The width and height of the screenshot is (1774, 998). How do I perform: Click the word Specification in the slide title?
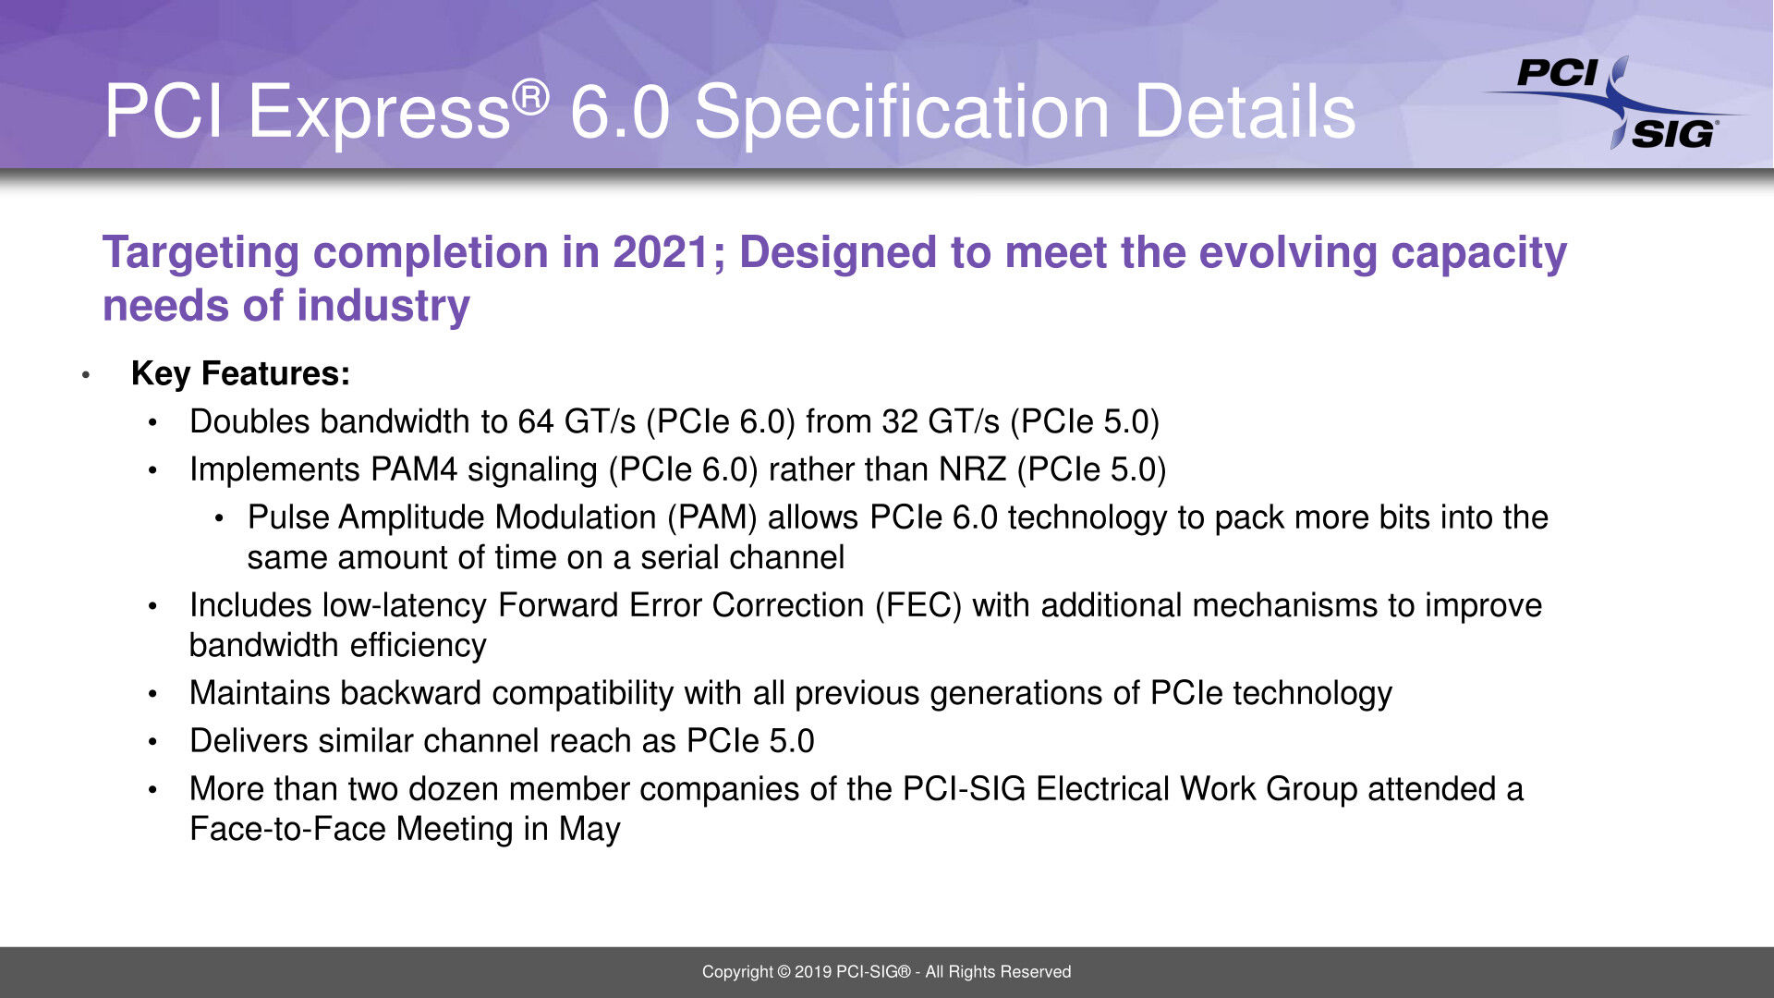(x=901, y=113)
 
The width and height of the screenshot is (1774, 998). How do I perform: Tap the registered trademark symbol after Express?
(x=530, y=97)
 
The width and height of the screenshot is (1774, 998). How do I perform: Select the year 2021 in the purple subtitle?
(x=662, y=252)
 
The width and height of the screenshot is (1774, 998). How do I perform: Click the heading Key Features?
(x=241, y=373)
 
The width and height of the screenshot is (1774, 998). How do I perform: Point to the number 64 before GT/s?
(x=536, y=422)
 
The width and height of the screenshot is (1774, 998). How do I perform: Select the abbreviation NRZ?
(x=972, y=469)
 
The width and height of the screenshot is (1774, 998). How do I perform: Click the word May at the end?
(x=589, y=830)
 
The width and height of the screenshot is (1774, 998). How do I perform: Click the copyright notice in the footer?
(x=887, y=972)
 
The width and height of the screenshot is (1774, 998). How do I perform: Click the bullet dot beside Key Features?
(x=86, y=375)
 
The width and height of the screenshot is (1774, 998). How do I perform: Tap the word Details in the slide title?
(x=1245, y=113)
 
